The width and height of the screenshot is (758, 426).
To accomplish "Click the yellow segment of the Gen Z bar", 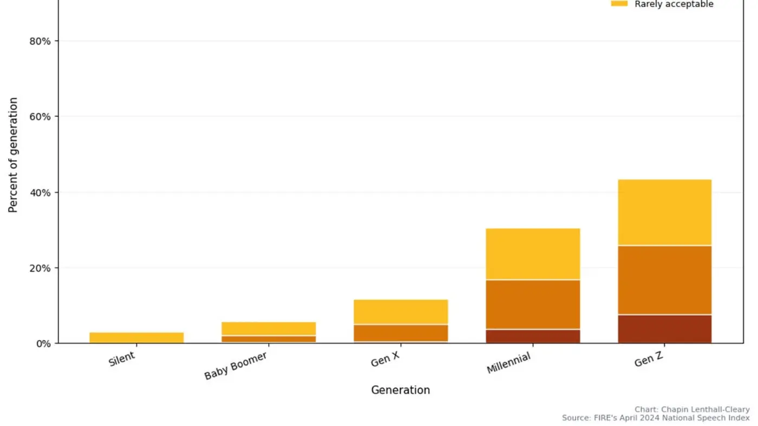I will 664,212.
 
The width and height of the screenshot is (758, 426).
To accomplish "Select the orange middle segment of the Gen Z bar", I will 664,280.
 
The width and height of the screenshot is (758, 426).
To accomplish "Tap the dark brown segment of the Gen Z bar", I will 664,329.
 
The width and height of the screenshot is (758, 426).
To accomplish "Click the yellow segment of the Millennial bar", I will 533,254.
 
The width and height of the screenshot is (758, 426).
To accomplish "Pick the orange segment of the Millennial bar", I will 533,304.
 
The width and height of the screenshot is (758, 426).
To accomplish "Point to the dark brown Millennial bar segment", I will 533,336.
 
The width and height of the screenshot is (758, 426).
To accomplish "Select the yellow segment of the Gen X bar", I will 401,312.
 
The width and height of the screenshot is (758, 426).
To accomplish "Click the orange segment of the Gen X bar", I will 401,332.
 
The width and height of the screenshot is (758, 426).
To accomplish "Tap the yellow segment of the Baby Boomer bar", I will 269,329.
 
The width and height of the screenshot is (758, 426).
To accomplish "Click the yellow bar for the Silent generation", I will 136,337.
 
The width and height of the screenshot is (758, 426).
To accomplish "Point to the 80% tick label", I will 40,41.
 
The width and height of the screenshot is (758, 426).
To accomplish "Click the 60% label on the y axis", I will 40,117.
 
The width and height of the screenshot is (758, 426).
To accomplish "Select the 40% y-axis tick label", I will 40,192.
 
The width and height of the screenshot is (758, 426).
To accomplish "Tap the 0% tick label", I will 43,343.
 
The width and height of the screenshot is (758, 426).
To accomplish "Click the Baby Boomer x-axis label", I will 236,366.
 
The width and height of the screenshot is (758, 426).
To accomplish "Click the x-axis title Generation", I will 400,390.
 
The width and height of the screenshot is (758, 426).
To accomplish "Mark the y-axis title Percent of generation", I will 14,155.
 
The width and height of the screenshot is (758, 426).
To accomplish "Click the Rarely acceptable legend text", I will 674,4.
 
